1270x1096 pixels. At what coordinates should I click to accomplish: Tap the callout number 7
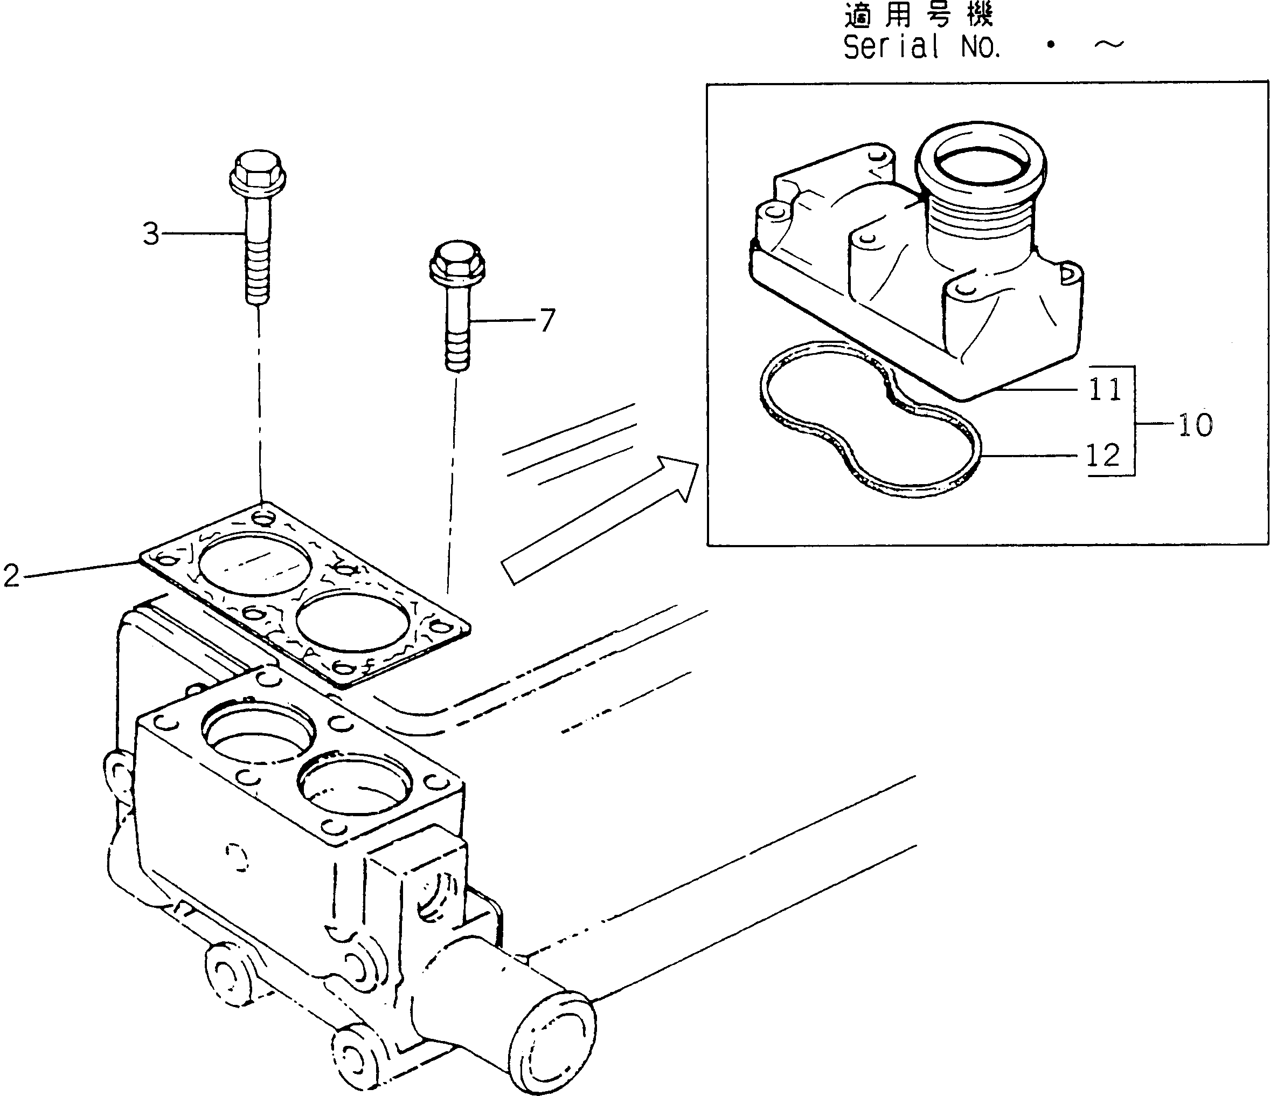point(547,320)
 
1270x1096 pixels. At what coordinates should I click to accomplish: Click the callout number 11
point(1105,389)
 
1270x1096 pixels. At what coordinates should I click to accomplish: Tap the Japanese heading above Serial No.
point(918,15)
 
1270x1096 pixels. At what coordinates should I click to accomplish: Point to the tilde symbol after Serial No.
point(1108,45)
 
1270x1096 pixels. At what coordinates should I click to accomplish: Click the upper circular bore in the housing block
point(258,734)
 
